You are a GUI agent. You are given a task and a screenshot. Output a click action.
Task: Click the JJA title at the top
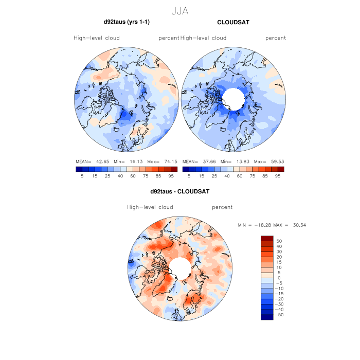click(179, 11)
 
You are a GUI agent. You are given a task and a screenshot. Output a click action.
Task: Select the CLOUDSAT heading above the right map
click(233, 22)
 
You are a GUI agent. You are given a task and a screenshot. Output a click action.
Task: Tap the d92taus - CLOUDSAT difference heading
click(179, 191)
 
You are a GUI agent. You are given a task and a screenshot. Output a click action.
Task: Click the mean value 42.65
click(105, 161)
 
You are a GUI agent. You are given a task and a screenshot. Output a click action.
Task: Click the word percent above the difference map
click(222, 207)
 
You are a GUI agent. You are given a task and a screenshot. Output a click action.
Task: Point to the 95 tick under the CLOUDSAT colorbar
click(278, 176)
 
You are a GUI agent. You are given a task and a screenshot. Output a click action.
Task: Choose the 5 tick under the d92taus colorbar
click(82, 176)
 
